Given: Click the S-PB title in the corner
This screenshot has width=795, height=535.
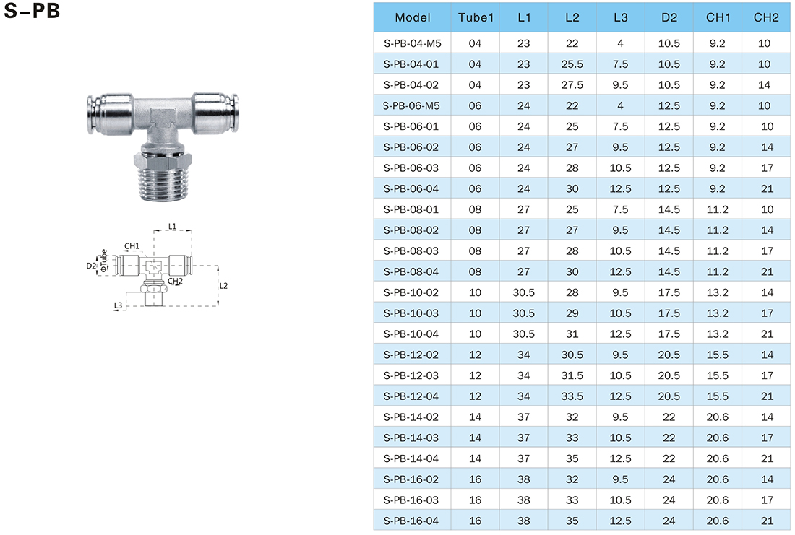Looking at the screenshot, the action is [32, 11].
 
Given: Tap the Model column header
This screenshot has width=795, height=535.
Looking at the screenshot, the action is [412, 18].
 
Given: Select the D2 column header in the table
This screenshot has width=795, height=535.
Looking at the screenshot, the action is [669, 18].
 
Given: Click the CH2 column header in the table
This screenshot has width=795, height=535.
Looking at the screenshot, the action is [765, 18].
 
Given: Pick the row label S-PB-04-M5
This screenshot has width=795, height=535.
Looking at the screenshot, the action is [412, 43].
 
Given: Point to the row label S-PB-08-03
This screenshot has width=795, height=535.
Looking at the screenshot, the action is [411, 251].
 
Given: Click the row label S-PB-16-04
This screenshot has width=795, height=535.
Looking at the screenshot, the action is [411, 521].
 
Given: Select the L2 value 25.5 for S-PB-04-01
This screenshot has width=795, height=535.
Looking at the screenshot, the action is [572, 64].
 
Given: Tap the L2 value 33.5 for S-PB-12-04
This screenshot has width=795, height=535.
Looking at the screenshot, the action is [572, 396].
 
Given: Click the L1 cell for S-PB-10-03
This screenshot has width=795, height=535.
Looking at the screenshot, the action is [523, 313].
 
